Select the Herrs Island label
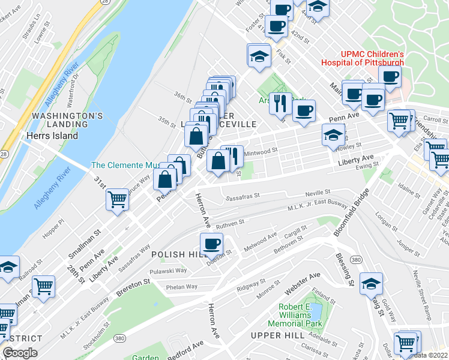coord(52,136)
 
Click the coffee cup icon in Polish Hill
coord(211,244)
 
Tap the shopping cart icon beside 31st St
coord(118,200)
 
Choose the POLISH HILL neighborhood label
coord(173,254)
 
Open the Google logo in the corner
coord(20,353)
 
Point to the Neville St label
coord(319,192)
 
